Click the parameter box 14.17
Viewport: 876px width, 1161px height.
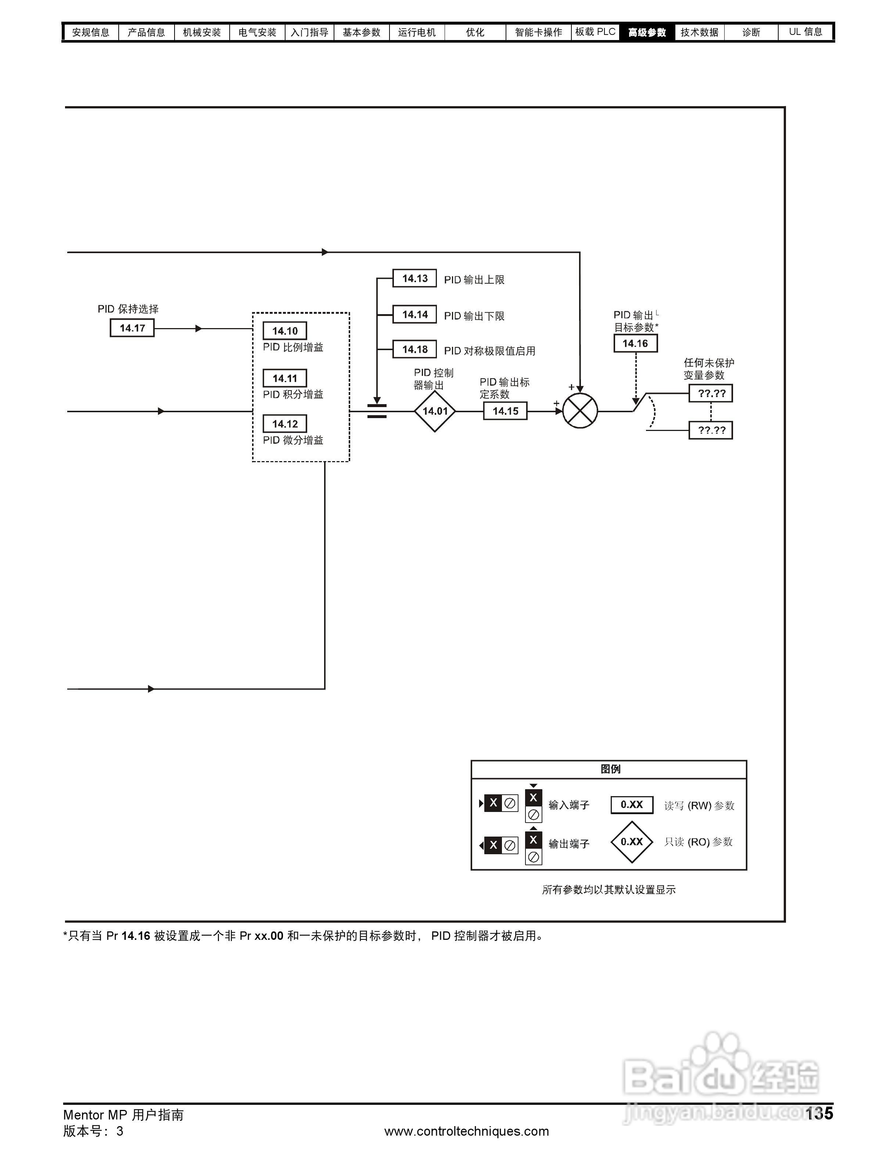tap(132, 328)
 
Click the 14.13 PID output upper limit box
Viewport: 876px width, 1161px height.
tap(414, 278)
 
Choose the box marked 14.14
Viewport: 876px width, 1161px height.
tap(414, 314)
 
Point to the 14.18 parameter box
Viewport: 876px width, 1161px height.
tap(414, 349)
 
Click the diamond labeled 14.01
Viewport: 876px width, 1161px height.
tap(435, 411)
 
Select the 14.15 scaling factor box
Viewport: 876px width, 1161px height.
tap(505, 411)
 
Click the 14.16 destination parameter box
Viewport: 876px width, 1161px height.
tap(635, 343)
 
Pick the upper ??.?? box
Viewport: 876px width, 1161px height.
tap(711, 393)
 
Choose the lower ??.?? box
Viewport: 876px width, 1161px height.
tap(711, 430)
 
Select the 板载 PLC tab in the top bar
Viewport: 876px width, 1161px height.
tap(595, 32)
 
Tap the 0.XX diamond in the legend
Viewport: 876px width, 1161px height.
tap(631, 842)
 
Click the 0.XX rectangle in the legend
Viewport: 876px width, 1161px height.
tap(631, 805)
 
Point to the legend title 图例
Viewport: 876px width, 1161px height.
tap(610, 769)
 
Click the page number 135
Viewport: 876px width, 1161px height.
tap(819, 1113)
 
